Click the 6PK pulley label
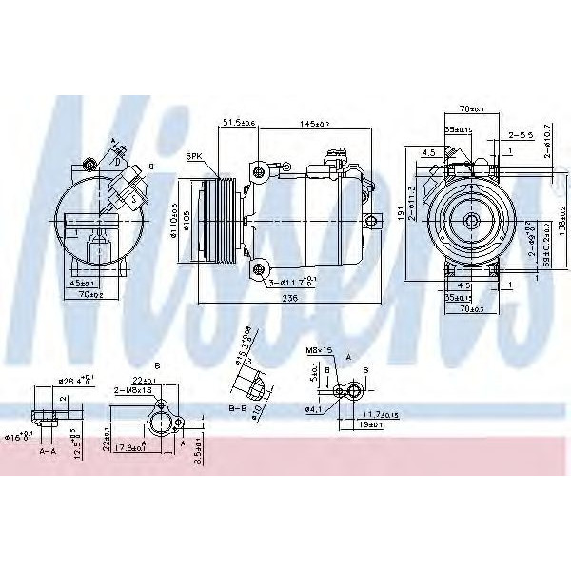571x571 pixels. [196, 154]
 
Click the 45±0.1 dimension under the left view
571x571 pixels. [81, 284]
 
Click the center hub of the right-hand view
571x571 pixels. [470, 220]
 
